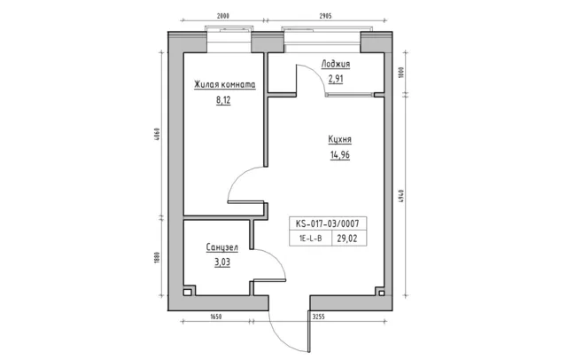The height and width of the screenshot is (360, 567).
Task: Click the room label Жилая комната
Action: pos(224,84)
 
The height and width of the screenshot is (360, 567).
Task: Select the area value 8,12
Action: pos(223,100)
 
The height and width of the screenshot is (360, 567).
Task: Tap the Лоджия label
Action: pos(336,64)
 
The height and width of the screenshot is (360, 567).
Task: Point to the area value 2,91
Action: pos(336,79)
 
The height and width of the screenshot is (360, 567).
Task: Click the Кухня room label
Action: pos(340,140)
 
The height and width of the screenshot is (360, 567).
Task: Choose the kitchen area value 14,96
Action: pos(340,155)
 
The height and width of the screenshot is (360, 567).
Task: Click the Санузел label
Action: pos(222,247)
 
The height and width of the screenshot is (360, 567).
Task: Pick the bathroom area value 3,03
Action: pos(222,262)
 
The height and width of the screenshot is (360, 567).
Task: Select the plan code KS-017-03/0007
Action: pos(328,223)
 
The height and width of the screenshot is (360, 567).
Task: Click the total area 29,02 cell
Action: pos(347,239)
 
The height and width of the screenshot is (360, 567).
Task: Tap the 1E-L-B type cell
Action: pos(310,239)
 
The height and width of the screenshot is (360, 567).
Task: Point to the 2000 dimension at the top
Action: pos(223,16)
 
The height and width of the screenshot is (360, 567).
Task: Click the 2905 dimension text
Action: pos(325,16)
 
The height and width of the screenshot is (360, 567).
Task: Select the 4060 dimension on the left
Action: pos(157,135)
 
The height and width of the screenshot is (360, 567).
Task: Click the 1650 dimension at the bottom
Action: pos(216,317)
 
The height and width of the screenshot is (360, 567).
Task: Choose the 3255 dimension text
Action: pos(318,317)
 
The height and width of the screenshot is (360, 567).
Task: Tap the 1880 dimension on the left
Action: pos(157,257)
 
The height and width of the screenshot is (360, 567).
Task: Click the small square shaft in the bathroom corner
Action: pos(187,292)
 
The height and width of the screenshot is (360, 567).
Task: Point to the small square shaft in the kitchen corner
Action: pos(381,293)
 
